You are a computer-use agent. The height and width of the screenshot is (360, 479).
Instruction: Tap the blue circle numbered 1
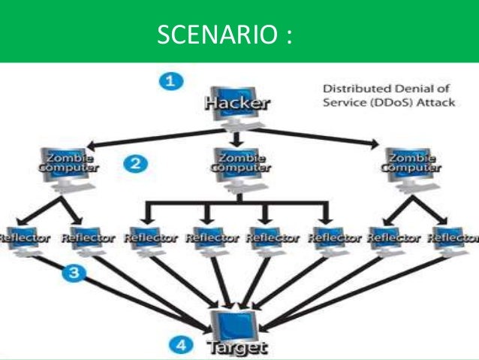173,80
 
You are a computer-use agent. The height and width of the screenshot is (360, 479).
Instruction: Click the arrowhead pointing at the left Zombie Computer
91,146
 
